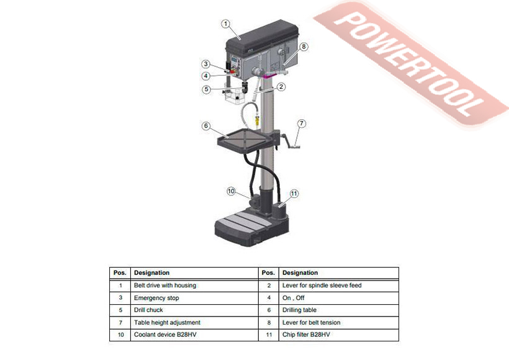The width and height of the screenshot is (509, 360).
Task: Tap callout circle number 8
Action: [x=304, y=47]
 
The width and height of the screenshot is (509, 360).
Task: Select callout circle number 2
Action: [x=281, y=87]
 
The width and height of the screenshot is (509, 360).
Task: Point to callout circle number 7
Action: [x=300, y=124]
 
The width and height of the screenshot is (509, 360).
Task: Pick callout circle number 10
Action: [x=232, y=192]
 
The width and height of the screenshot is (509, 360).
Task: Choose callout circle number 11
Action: [x=294, y=194]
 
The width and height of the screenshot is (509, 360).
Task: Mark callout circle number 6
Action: [x=206, y=125]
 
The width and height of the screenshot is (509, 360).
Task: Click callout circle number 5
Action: [x=206, y=89]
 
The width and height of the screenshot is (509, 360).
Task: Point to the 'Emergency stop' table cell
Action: [x=156, y=298]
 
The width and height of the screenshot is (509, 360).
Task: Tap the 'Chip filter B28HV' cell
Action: [x=306, y=335]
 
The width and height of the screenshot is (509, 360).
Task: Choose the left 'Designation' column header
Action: [x=151, y=273]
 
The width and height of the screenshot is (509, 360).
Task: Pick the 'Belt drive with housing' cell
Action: [x=164, y=286]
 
